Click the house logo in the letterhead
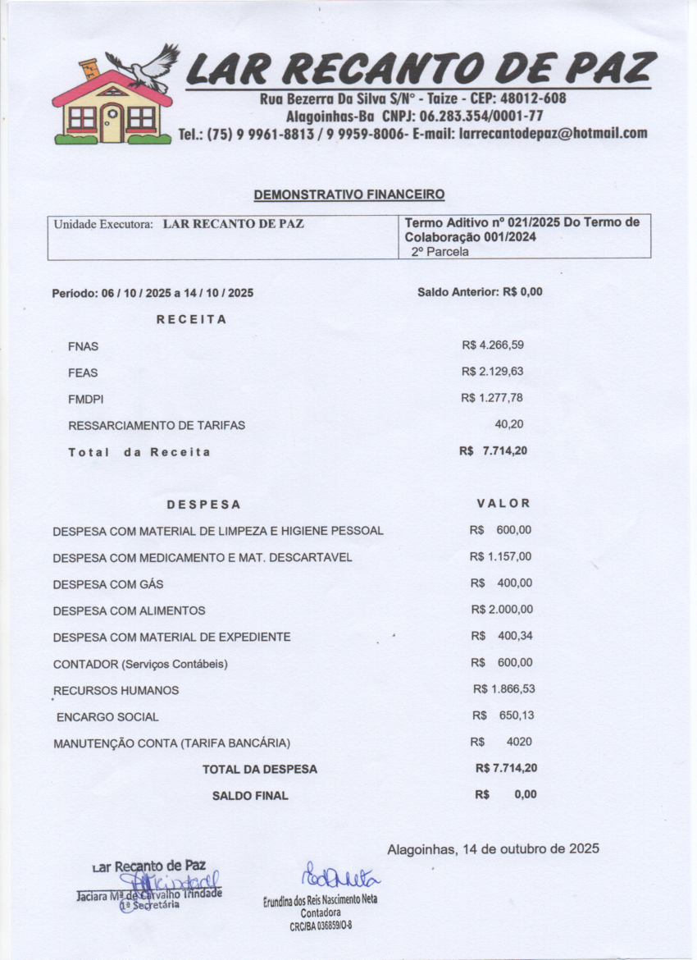click(x=112, y=103)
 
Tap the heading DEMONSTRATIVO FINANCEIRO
click(x=349, y=194)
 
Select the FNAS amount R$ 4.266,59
click(x=492, y=345)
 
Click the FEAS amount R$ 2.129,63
click(x=492, y=372)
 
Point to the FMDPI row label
click(x=86, y=400)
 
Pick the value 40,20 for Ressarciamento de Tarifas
click(x=508, y=424)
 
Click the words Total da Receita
click(x=139, y=452)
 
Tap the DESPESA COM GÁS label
click(x=108, y=584)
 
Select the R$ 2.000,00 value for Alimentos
click(x=502, y=610)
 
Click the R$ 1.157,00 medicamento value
click(x=500, y=557)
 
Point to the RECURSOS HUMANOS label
click(x=116, y=691)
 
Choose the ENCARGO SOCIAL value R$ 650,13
click(x=503, y=715)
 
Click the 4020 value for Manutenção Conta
click(x=518, y=742)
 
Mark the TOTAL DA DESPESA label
click(x=259, y=770)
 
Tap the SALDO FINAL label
click(x=250, y=796)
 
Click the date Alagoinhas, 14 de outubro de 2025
click(x=493, y=848)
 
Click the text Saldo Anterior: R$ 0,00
click(x=480, y=291)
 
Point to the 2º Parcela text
click(x=440, y=252)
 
